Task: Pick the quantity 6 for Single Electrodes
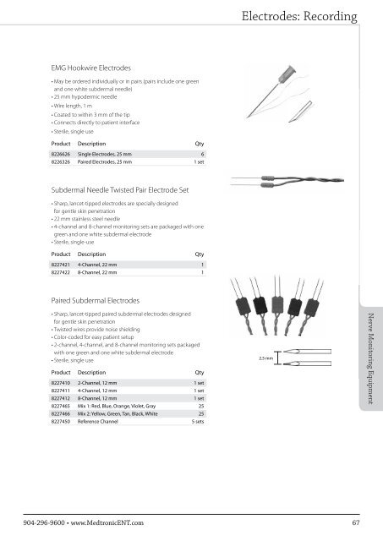[204, 167]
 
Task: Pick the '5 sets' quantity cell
[200, 423]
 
